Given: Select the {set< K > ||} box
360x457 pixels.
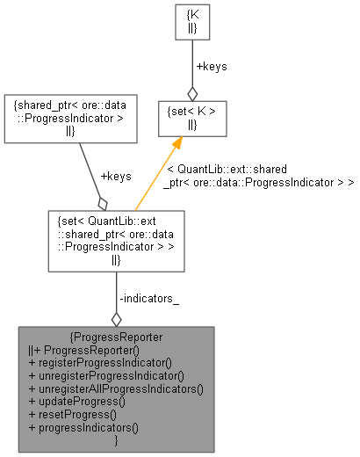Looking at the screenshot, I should tap(192, 117).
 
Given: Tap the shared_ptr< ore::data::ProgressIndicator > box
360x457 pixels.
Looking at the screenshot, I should tap(69, 118).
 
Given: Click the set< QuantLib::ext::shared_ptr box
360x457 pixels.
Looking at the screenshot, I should tap(115, 239).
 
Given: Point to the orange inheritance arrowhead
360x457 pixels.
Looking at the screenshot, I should tap(176, 145).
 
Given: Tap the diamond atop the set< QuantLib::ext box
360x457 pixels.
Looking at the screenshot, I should tap(104, 202).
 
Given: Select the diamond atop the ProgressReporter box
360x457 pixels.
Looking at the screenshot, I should tap(116, 318).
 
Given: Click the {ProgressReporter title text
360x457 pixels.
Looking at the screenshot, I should tap(115, 337).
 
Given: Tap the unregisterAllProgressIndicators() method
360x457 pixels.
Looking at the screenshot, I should tap(115, 388).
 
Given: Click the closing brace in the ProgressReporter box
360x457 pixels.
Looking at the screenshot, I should tap(116, 439).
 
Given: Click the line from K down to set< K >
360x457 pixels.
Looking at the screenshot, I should tap(192, 62).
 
